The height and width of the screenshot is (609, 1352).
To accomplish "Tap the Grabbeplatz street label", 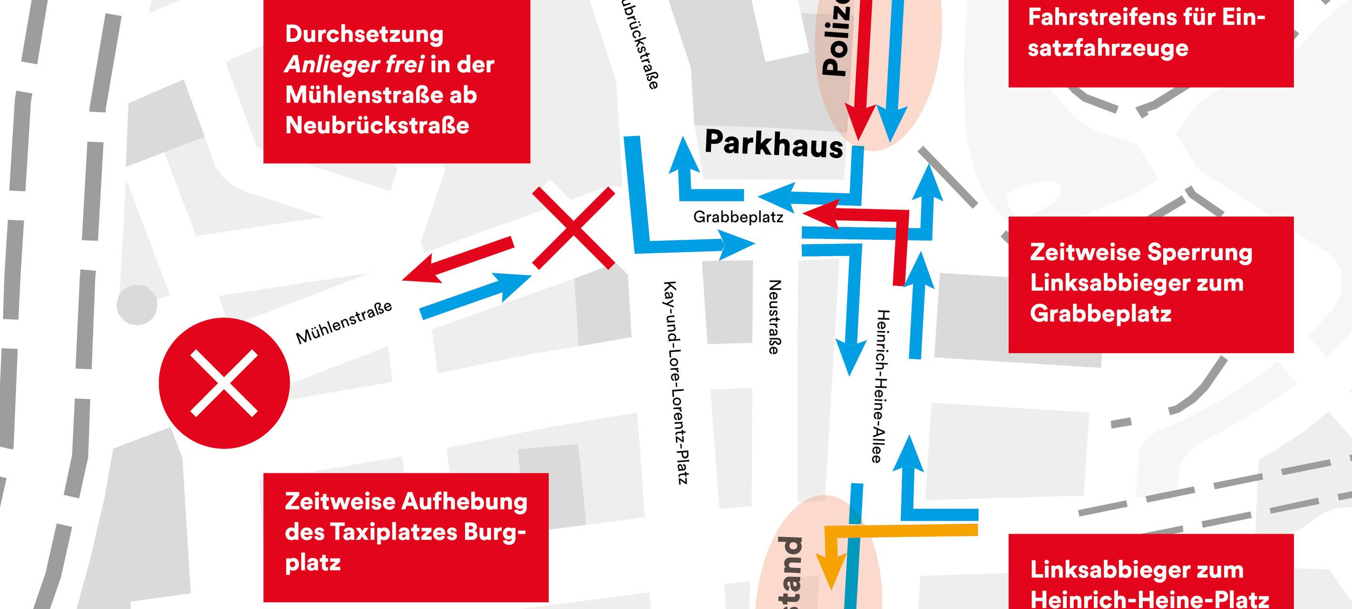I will click(x=738, y=217).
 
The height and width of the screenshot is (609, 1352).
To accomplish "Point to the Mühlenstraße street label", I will click(x=344, y=323).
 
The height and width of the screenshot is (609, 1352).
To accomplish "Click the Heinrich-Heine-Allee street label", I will click(x=883, y=386).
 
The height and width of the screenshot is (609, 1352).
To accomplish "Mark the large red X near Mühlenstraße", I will click(x=574, y=228).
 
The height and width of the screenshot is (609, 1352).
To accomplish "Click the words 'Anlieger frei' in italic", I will click(x=354, y=65).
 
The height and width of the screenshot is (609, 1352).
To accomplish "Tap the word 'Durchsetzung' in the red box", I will click(x=364, y=35).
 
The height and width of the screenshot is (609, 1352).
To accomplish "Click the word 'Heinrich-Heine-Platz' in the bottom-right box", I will click(x=1149, y=599).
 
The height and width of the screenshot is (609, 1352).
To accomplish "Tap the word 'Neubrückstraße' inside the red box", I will click(x=377, y=126).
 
